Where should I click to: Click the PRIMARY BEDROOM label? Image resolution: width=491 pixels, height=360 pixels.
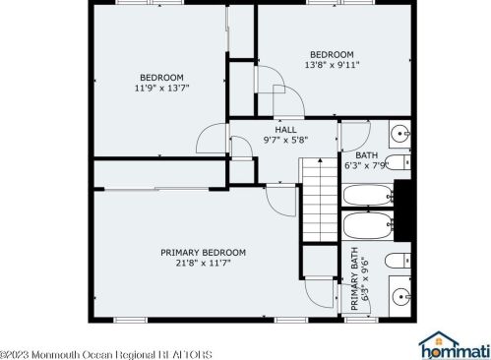coord(203,253)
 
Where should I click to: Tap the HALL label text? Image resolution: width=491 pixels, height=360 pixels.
coord(285,130)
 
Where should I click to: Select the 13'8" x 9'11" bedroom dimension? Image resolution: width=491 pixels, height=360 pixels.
coord(332,65)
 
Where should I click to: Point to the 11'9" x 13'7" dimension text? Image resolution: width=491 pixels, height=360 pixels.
coord(162,88)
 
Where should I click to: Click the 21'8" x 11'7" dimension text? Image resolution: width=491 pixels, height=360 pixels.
coord(204,263)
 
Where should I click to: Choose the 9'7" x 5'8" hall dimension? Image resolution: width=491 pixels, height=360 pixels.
coord(285,140)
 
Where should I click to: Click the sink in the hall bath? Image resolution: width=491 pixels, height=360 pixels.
coord(399,134)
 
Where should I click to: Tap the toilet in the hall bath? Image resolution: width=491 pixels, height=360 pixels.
coord(398,162)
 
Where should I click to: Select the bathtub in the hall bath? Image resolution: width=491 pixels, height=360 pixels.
coord(368,196)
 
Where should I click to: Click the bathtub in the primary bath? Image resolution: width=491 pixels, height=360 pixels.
coord(368,225)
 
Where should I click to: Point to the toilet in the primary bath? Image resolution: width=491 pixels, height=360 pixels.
coord(398,261)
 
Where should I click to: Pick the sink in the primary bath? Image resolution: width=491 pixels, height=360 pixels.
coord(399,296)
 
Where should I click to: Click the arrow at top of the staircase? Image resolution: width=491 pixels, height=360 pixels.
coord(320,161)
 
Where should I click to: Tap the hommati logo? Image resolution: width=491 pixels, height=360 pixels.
coord(455,346)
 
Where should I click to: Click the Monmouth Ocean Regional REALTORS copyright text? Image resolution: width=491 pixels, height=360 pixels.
coord(106,355)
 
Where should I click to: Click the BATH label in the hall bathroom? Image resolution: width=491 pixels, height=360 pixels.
coord(367,155)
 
